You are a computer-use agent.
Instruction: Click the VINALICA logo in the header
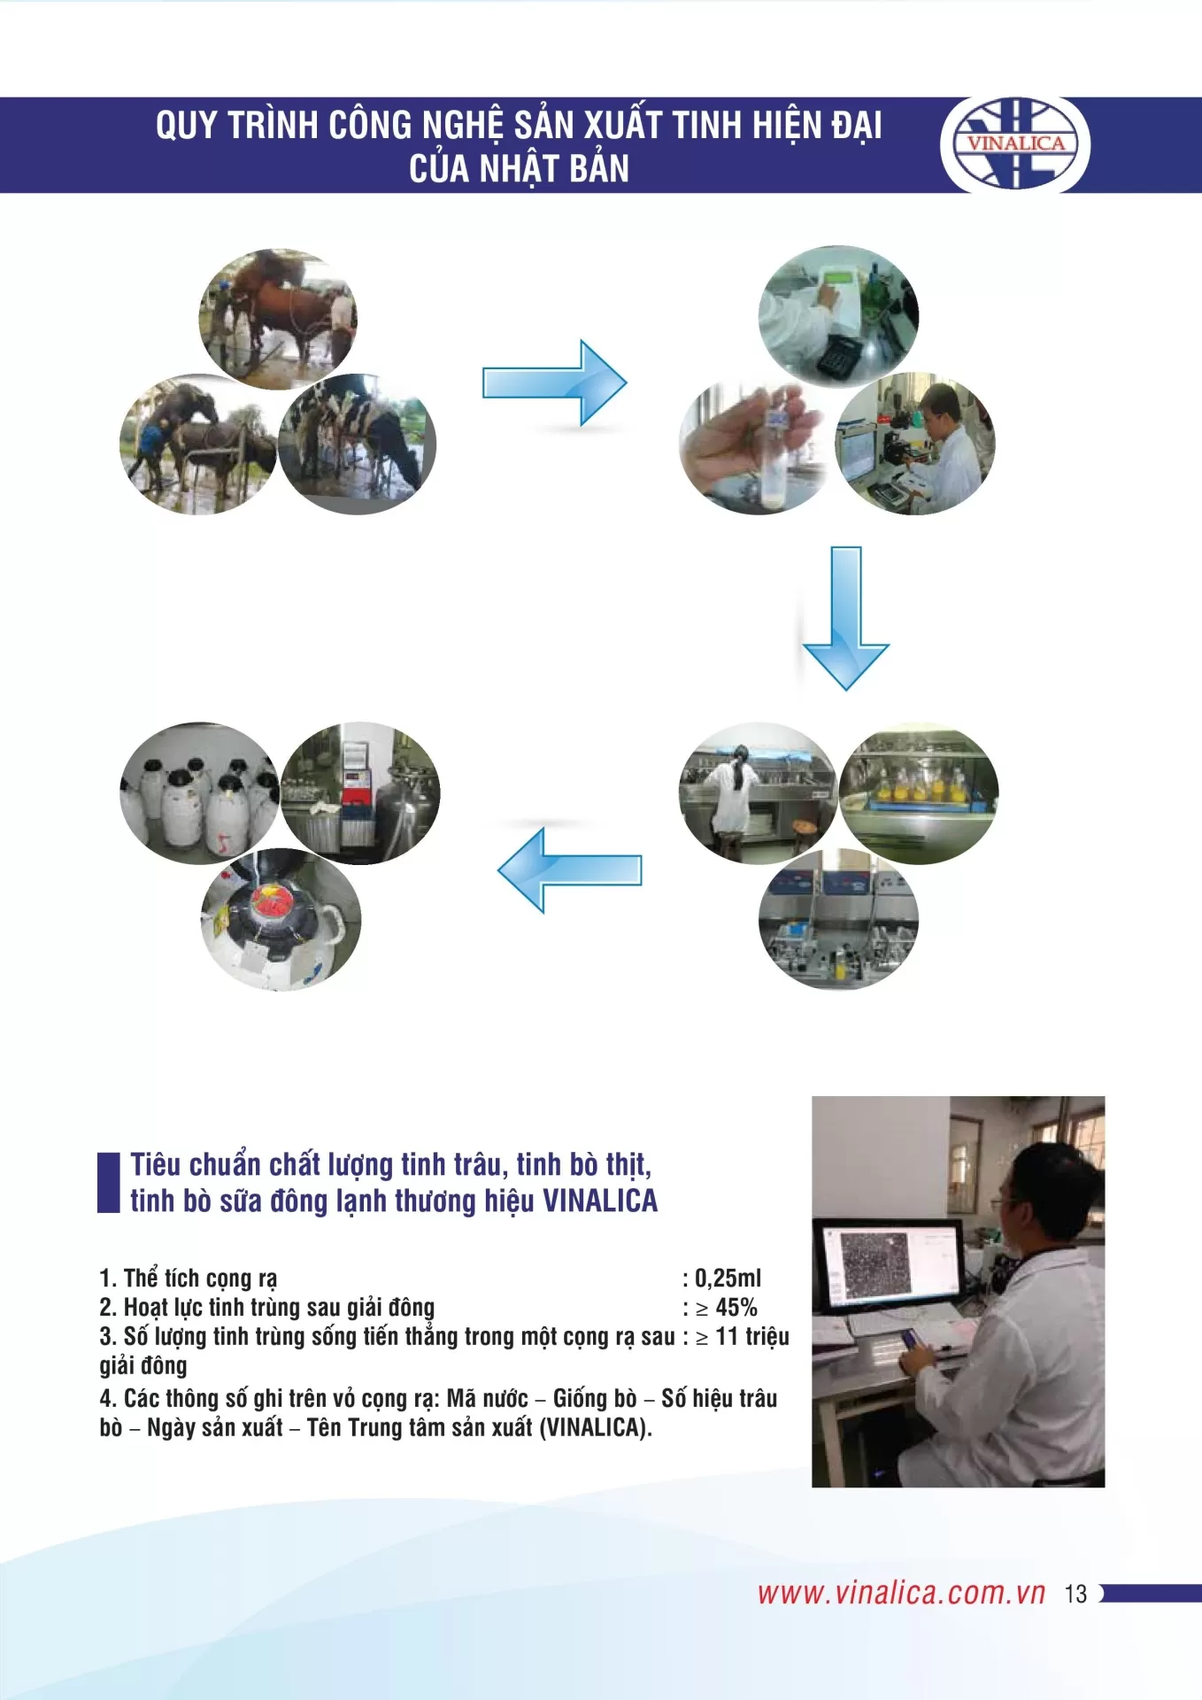pyautogui.click(x=1015, y=143)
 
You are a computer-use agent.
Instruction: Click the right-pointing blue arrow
pyautogui.click(x=555, y=382)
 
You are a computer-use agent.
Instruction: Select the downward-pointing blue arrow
pyautogui.click(x=845, y=618)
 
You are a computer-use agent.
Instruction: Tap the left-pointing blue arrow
pyautogui.click(x=569, y=869)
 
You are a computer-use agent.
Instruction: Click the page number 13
pyautogui.click(x=1075, y=1594)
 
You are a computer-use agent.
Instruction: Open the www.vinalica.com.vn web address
pyautogui.click(x=901, y=1593)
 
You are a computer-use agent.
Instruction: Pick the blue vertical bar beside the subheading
pyautogui.click(x=108, y=1182)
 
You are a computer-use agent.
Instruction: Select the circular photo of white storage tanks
pyautogui.click(x=199, y=792)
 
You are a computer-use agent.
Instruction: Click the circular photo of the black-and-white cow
pyautogui.click(x=358, y=443)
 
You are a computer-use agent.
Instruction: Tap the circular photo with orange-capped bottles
pyautogui.click(x=919, y=792)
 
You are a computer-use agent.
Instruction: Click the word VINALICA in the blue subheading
pyautogui.click(x=600, y=1201)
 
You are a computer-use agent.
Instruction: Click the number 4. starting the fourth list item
pyautogui.click(x=108, y=1398)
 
